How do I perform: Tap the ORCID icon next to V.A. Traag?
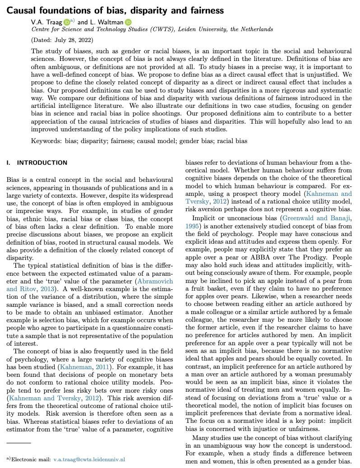coord(66,21)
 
